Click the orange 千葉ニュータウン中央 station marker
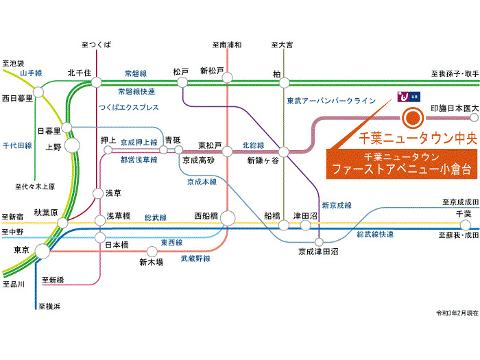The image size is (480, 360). pos(413,118)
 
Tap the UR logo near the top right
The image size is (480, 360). pos(409,97)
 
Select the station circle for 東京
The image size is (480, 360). pos(43,252)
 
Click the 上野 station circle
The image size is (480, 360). pos(72,145)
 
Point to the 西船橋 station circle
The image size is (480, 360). pos(228,218)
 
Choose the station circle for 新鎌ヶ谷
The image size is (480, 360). pos(284,152)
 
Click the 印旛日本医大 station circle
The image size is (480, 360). pos(474,117)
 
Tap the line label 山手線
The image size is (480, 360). pos(31,73)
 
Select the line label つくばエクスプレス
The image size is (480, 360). pos(129,107)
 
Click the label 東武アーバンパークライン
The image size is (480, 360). pos(331,101)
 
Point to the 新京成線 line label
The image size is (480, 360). pos(337,205)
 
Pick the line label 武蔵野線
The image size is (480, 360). pos(195,259)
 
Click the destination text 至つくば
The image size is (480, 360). pos(96,45)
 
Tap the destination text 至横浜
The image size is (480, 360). pos(49,306)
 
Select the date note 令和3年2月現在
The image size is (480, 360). pos(457,313)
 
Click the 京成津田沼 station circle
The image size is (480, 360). pos(319,242)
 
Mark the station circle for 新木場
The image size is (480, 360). pos(152,252)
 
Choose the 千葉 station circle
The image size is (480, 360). pos(466,226)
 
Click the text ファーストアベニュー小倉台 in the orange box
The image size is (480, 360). pos(402,169)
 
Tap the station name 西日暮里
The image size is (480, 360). pos(17,98)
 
